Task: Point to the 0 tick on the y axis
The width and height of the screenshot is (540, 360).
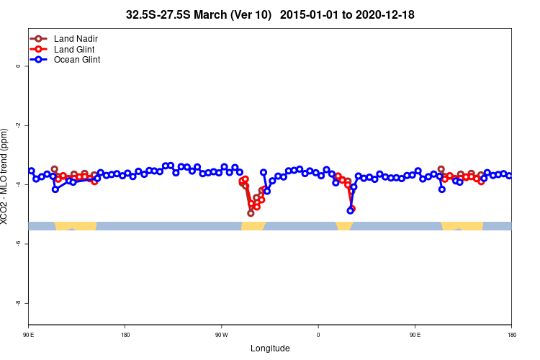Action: [x=19, y=66]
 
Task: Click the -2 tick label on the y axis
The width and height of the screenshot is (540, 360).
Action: [x=19, y=125]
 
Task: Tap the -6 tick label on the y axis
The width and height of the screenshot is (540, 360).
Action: [x=19, y=244]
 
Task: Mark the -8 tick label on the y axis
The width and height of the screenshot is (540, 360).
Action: [x=19, y=303]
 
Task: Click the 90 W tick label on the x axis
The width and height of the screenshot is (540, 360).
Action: [x=221, y=335]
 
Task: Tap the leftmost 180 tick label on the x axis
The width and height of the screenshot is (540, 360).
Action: [x=125, y=335]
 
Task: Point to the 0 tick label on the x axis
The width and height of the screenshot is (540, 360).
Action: [x=318, y=335]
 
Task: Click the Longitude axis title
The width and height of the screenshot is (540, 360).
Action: [x=270, y=348]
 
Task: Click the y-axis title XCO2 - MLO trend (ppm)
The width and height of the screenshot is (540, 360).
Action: [x=6, y=176]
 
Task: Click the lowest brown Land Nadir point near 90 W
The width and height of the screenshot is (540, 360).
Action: [x=251, y=213]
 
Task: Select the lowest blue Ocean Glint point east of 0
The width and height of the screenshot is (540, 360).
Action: [x=350, y=211]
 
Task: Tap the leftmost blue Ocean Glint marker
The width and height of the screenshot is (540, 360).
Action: [x=31, y=171]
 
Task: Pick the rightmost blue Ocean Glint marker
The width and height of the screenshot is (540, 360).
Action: [x=509, y=176]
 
